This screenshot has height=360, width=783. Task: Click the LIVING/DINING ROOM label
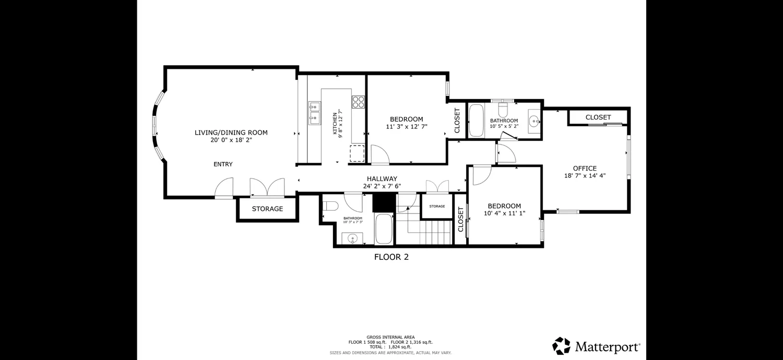coord(231,133)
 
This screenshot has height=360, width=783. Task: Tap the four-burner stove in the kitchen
coord(358,102)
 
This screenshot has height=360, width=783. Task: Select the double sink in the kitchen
coord(314,114)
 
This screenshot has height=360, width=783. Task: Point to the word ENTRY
coord(223,164)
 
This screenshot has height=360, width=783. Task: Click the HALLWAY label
coord(382,178)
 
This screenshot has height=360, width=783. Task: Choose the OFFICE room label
coord(585,168)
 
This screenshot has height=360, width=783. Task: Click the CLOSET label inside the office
coord(598,117)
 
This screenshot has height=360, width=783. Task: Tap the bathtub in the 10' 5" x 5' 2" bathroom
coord(476,121)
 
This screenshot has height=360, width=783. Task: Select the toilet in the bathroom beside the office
coord(503,109)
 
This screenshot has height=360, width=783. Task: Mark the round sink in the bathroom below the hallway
coord(352,239)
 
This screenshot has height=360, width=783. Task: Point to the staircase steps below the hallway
coord(429,231)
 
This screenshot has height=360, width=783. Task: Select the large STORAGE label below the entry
coord(267,209)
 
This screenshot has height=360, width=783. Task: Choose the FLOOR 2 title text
coord(391,257)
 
